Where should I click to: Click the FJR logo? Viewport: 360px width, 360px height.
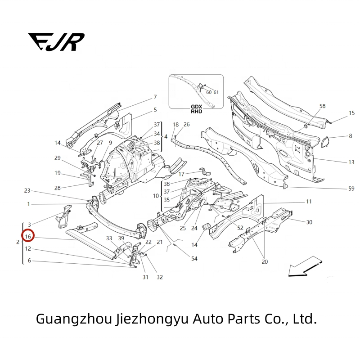(56, 42)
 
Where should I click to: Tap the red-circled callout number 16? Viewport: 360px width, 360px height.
(28, 236)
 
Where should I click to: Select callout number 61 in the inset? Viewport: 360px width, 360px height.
(216, 92)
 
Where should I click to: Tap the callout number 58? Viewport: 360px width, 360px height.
(322, 106)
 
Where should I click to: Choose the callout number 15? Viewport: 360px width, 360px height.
(351, 113)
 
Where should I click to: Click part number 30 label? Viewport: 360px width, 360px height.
(309, 222)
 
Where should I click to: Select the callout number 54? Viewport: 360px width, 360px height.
(194, 258)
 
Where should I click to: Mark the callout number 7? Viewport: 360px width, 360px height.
(155, 97)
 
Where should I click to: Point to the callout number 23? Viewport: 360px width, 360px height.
(27, 190)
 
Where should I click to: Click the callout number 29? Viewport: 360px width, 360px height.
(58, 157)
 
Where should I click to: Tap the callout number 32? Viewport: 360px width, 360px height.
(159, 277)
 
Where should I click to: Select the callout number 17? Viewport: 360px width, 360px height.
(182, 174)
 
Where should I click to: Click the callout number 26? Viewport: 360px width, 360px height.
(186, 124)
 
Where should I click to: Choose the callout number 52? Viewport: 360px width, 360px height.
(240, 228)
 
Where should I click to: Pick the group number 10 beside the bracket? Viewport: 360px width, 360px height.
(156, 196)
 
